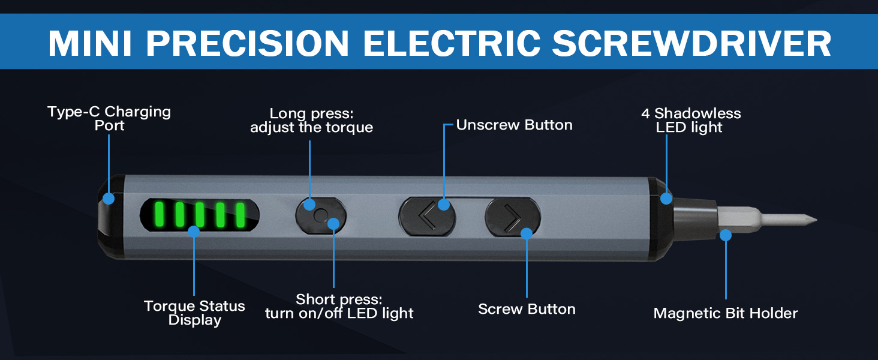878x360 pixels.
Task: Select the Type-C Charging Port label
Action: pyautogui.click(x=109, y=118)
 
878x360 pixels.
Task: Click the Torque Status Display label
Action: pyautogui.click(x=194, y=313)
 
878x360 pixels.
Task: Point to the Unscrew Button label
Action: pyautogui.click(x=514, y=125)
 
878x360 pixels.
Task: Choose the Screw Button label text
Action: pyautogui.click(x=527, y=309)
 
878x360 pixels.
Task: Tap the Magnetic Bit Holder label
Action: pyautogui.click(x=726, y=313)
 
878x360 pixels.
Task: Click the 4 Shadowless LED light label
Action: pyautogui.click(x=691, y=120)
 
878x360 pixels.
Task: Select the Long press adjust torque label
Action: pyautogui.click(x=311, y=120)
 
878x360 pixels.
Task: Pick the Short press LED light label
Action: pyautogui.click(x=339, y=306)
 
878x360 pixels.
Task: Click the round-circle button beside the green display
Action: pyautogui.click(x=321, y=215)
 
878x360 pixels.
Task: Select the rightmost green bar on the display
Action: pyautogui.click(x=240, y=215)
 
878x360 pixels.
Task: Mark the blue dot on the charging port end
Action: pyautogui.click(x=109, y=197)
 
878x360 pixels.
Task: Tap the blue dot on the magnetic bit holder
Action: pyautogui.click(x=726, y=235)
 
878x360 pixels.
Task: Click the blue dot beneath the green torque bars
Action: pyautogui.click(x=194, y=231)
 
